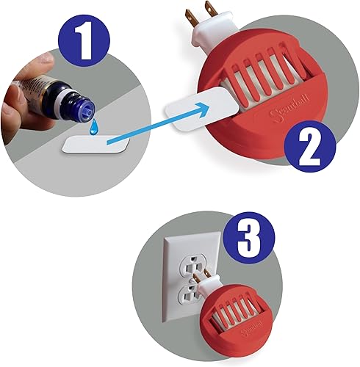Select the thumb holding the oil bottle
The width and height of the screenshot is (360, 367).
pyautogui.click(x=16, y=94)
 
